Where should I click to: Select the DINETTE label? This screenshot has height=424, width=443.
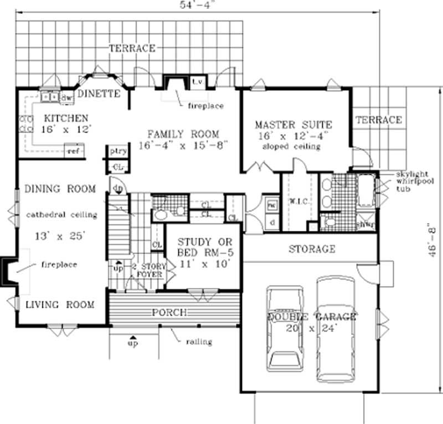99,94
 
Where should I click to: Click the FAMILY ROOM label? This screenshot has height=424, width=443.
183,134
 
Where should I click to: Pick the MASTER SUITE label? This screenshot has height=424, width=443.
293,125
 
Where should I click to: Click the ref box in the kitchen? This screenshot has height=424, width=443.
73,151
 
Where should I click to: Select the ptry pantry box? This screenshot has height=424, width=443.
117,151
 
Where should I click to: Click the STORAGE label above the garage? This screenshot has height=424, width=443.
312,249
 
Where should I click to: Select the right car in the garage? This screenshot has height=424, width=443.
335,321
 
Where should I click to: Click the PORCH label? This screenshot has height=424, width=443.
169,313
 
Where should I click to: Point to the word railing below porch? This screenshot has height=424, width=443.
199,342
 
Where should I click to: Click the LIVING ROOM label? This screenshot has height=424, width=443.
59,304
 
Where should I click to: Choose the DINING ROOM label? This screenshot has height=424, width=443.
60,189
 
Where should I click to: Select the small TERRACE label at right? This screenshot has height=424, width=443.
379,120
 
